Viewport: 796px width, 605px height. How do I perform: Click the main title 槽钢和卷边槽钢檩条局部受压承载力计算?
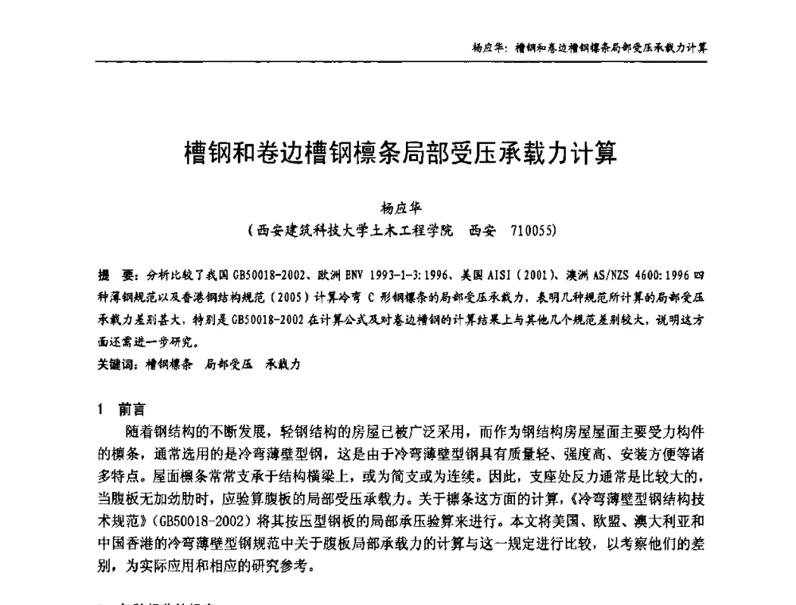[x=400, y=152]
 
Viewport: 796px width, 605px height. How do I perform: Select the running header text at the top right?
[x=590, y=47]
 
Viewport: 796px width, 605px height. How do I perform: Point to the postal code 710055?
[x=530, y=232]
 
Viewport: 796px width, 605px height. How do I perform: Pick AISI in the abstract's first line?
[x=497, y=275]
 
